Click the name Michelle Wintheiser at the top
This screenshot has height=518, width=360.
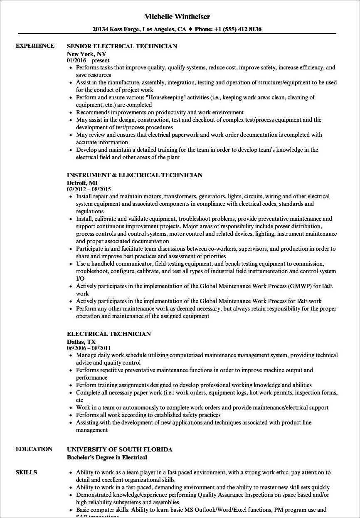point(177,17)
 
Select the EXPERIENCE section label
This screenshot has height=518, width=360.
point(35,46)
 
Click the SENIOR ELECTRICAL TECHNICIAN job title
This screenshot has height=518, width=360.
point(122,46)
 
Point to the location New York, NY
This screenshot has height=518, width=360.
point(86,54)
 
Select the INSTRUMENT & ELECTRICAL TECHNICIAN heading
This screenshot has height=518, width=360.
point(135,175)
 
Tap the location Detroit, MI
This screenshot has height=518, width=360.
point(82,183)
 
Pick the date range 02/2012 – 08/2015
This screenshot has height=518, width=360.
point(89,190)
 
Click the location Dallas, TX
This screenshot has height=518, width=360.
point(81,341)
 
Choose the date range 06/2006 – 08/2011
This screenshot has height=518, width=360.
point(89,348)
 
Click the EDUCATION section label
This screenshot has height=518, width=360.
point(34,449)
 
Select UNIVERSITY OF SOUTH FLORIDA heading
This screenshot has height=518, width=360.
point(119,449)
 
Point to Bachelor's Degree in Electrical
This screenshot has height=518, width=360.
point(107,457)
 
